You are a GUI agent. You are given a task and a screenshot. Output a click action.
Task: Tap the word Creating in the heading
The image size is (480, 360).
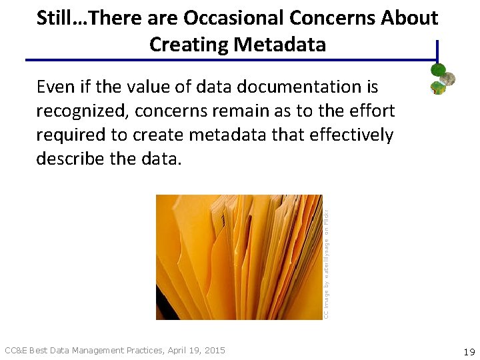(x=188, y=45)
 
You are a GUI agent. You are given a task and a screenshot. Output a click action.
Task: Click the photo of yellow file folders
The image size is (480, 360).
(x=239, y=257)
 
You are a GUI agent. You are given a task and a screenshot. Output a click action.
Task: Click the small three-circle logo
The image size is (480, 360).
(x=442, y=79)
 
